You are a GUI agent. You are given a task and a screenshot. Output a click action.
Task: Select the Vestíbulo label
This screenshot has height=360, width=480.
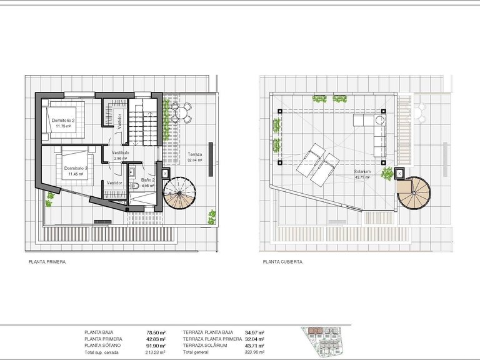120,152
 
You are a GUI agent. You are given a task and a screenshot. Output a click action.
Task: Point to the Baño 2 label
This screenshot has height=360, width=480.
147,180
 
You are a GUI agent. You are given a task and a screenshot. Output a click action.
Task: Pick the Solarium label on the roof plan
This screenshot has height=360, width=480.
362,172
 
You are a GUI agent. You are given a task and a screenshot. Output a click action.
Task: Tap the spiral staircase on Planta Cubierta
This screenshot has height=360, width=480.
413,194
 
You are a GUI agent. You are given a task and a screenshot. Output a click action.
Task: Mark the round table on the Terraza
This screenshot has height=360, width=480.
182,112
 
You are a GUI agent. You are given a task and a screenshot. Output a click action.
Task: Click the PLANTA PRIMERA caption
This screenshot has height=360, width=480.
47,262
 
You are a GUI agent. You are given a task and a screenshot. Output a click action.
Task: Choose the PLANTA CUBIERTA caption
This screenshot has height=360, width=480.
282,262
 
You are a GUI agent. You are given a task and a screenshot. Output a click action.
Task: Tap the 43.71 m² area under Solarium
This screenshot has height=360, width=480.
362,177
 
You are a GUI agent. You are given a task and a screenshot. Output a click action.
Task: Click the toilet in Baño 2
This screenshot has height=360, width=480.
133,186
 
